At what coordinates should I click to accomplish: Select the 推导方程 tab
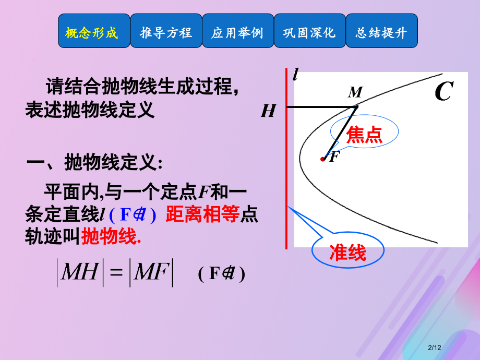coord(166,33)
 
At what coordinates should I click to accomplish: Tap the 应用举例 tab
coord(237,33)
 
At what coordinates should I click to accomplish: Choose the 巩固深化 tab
coord(309,33)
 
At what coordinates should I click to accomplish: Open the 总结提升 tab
coord(381,33)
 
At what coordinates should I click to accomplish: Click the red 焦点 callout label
coord(365,135)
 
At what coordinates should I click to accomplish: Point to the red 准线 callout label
coord(348,253)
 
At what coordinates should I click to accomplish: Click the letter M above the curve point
coord(355,93)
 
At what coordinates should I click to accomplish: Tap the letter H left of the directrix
coord(268,111)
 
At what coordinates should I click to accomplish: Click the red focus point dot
coord(323,159)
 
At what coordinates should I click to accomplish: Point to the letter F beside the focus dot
coord(334,157)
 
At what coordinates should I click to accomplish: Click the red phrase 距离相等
coord(202,215)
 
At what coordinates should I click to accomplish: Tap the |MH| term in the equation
coord(79,273)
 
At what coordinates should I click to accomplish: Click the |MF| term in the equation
coord(152,273)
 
